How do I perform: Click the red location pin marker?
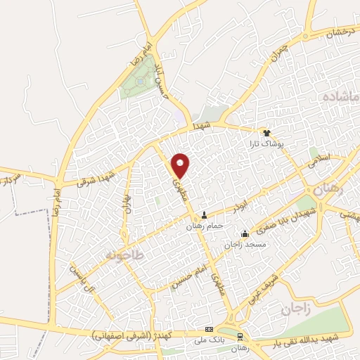tap(181, 165)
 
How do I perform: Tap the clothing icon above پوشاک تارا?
tap(266, 133)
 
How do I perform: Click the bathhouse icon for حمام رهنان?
tap(205, 215)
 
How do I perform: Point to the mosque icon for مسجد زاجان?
tap(245, 233)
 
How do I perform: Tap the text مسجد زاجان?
tap(245, 244)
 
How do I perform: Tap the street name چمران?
tap(279, 51)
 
